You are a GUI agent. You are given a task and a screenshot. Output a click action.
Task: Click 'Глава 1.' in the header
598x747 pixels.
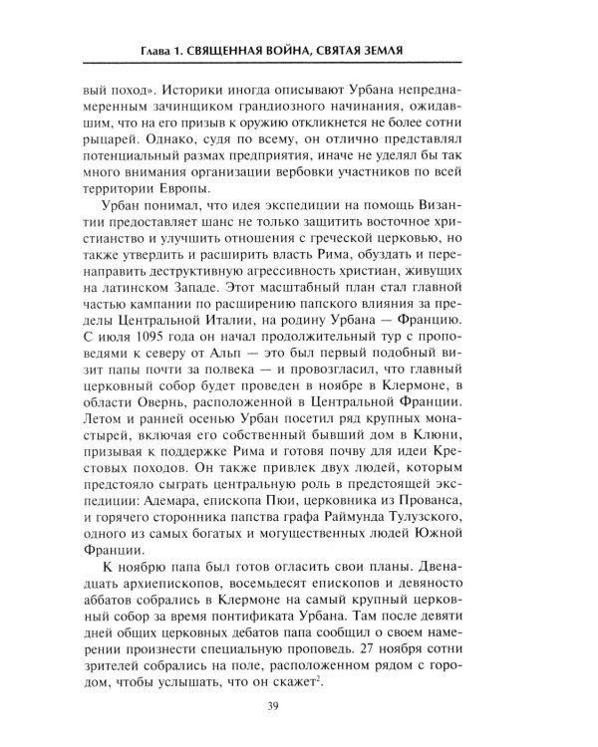pos(165,51)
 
